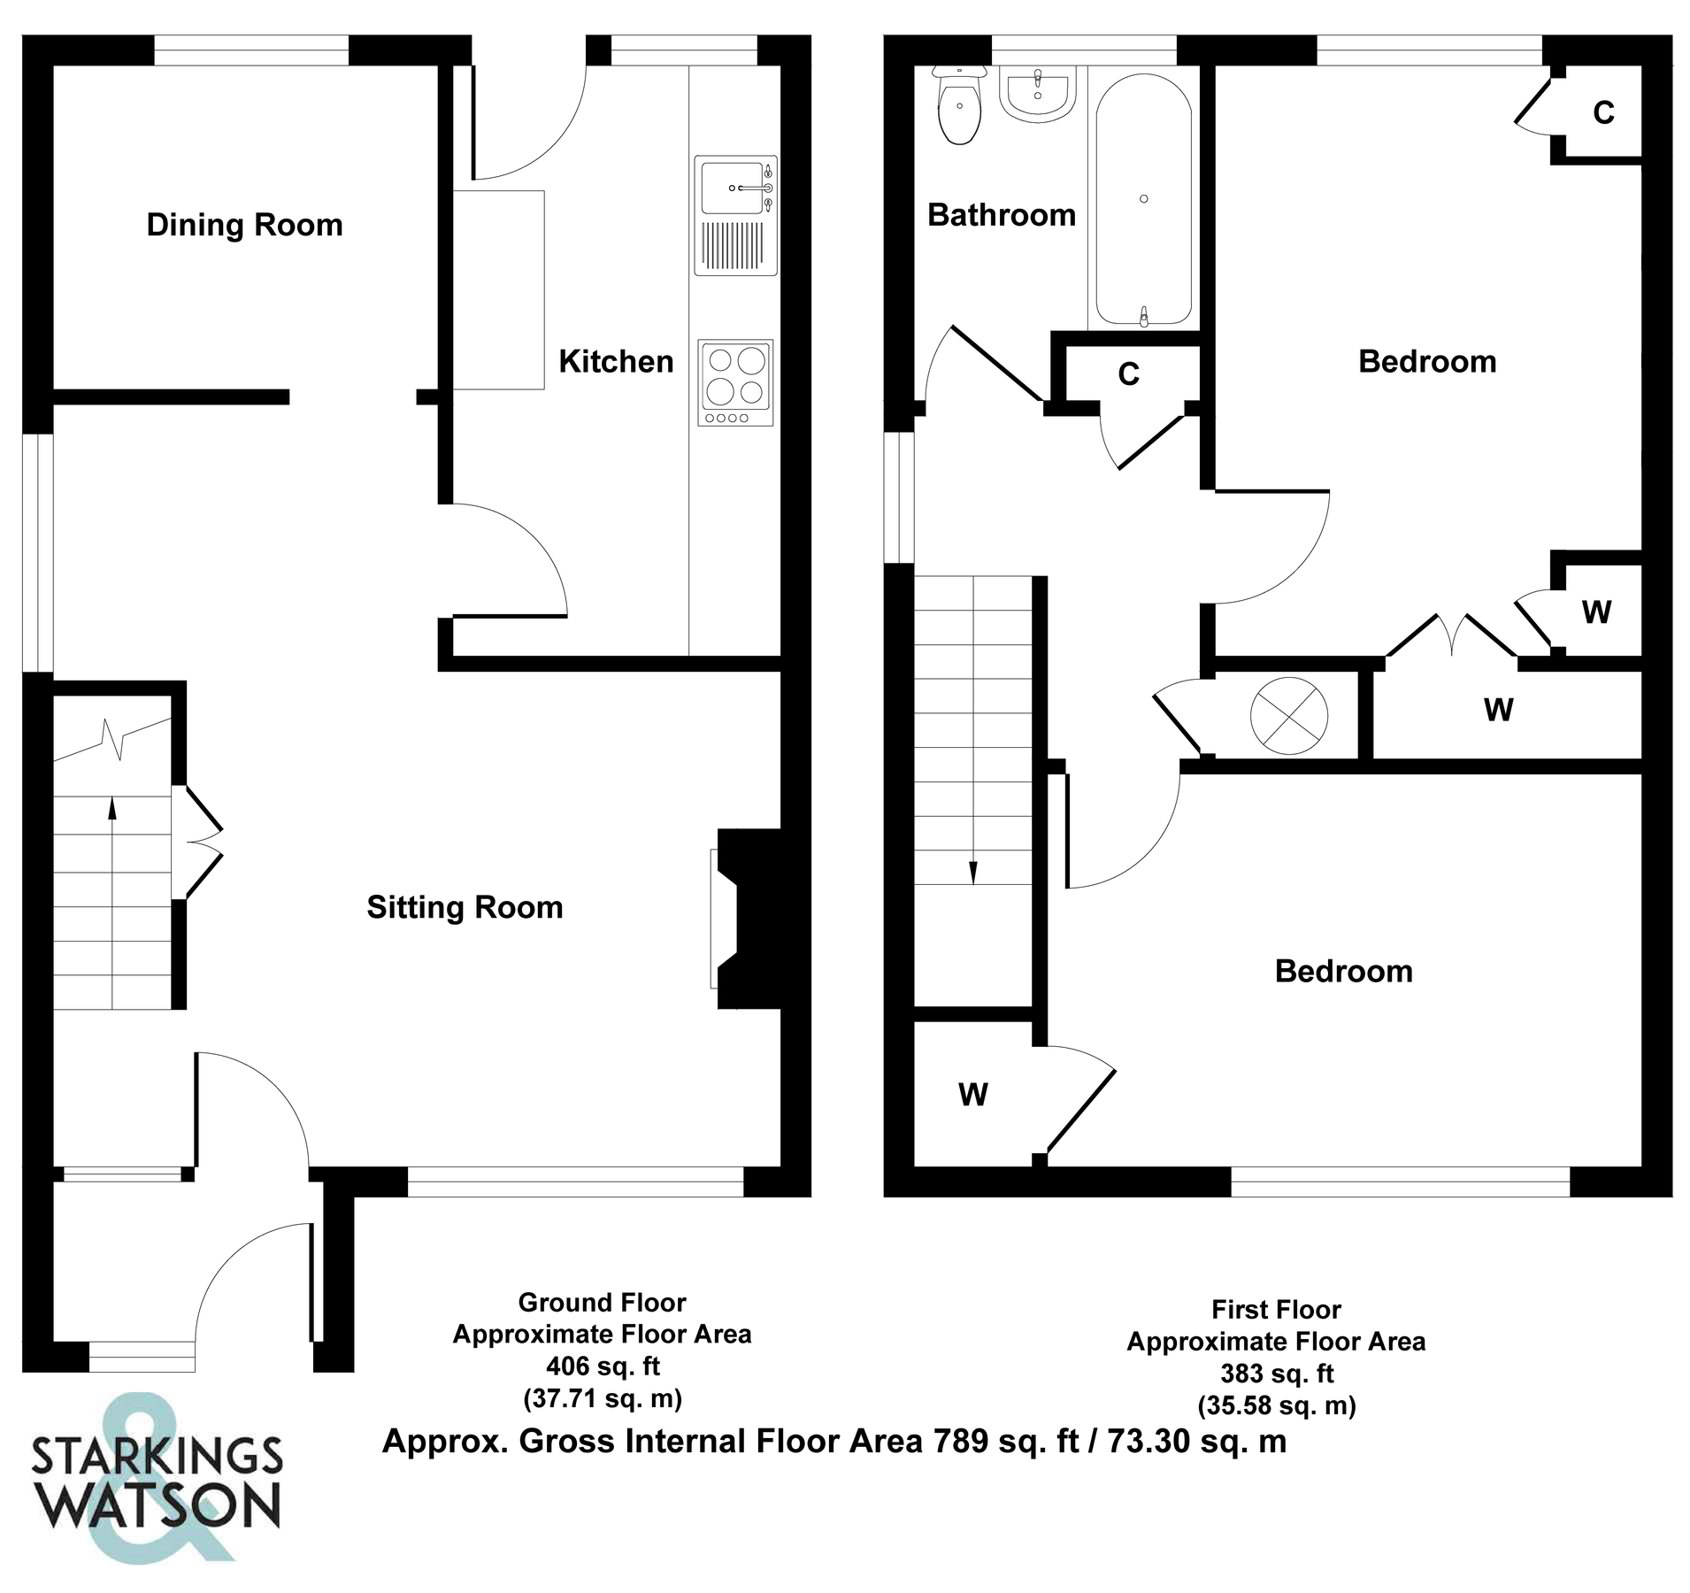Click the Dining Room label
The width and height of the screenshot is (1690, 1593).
tap(244, 225)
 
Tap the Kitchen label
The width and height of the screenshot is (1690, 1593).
tap(616, 361)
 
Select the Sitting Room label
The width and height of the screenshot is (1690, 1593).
tap(465, 907)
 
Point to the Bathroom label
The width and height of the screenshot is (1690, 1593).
tap(1001, 215)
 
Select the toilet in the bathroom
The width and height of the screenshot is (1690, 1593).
tap(959, 108)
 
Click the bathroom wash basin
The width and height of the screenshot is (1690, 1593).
tap(1037, 94)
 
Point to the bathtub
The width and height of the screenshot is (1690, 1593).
tap(1143, 199)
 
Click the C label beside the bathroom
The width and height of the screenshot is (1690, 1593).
tap(1128, 375)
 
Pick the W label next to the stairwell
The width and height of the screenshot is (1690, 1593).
tap(972, 1096)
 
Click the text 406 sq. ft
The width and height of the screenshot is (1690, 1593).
tap(603, 1366)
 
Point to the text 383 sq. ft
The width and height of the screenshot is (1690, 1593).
tap(1276, 1374)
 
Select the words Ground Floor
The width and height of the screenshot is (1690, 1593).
tap(602, 1303)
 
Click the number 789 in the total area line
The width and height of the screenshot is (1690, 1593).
tap(960, 1442)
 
